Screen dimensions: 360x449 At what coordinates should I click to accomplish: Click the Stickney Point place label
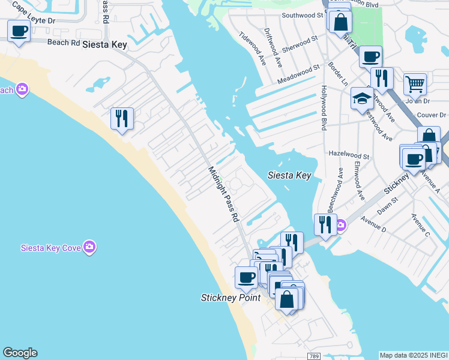pos(231,298)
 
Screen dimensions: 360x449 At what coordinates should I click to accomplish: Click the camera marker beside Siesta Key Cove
pos(89,247)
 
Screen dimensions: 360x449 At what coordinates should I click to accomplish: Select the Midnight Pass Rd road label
pos(223,193)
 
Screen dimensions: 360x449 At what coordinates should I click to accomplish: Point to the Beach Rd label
pos(63,43)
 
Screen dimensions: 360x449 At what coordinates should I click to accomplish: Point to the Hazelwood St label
pos(349,155)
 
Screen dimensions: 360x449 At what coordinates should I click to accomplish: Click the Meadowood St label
pos(297,76)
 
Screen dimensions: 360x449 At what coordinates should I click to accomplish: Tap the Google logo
pos(20,353)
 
